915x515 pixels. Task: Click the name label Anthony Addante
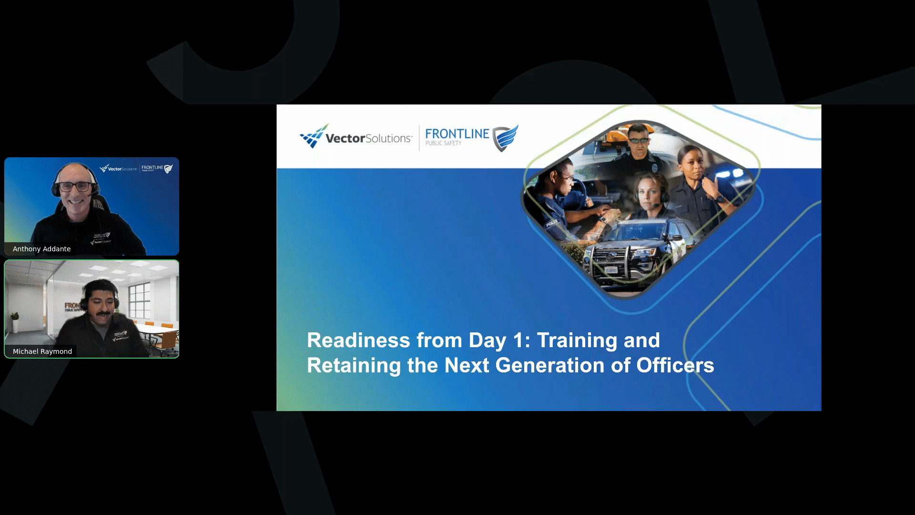click(x=41, y=249)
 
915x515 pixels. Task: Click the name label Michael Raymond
click(x=42, y=351)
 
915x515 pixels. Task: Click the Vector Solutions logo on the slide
click(x=356, y=137)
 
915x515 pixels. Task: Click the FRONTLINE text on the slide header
click(x=457, y=134)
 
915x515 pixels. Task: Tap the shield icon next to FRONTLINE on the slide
click(x=505, y=138)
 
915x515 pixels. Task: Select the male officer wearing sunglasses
click(x=637, y=148)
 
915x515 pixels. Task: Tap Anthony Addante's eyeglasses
click(x=76, y=186)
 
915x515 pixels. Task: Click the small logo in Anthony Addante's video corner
click(x=136, y=168)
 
